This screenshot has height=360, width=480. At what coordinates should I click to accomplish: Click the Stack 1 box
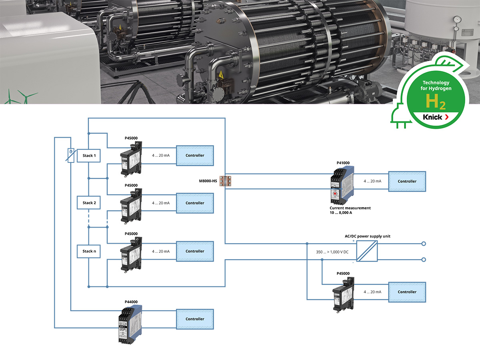[x=89, y=156]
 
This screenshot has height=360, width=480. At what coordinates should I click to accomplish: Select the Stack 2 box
[x=89, y=203]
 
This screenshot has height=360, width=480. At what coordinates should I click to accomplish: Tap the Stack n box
[x=89, y=251]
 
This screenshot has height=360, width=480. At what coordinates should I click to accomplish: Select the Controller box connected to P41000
[x=407, y=181]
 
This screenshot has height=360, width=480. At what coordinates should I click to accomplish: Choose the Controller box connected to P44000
[x=195, y=319]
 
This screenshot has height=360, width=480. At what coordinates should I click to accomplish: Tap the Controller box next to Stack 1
[x=195, y=155]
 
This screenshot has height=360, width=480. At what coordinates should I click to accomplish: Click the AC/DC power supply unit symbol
[x=367, y=251]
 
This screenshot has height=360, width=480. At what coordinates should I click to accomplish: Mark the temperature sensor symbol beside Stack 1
[x=70, y=155]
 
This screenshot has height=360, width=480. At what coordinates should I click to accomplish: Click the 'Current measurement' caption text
[x=350, y=208]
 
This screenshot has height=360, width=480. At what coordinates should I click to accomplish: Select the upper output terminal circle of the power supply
[x=424, y=243]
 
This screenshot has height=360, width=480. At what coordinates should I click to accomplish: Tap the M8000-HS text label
[x=208, y=181]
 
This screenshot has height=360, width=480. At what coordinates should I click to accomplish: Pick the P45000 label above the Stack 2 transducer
[x=131, y=185]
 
